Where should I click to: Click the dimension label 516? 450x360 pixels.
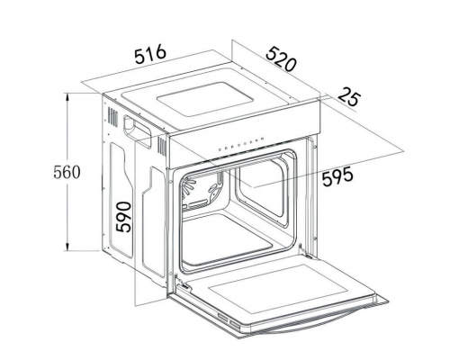[150, 54]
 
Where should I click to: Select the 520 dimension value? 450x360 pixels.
[281, 59]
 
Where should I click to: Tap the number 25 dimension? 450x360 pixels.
[348, 96]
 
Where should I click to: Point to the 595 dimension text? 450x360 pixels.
[337, 176]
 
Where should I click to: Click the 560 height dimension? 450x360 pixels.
[67, 172]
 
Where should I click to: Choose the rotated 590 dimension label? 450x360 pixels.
[124, 217]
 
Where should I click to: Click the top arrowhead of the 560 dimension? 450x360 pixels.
[67, 97]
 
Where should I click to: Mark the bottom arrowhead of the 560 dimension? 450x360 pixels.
[67, 247]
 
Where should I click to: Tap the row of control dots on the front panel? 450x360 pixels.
[241, 143]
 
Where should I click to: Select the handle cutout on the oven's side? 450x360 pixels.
[137, 130]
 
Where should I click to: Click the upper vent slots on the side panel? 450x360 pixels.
[112, 116]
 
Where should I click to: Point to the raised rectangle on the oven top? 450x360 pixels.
[204, 99]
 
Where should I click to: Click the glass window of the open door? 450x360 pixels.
[278, 290]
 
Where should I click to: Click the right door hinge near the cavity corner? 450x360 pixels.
[305, 253]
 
